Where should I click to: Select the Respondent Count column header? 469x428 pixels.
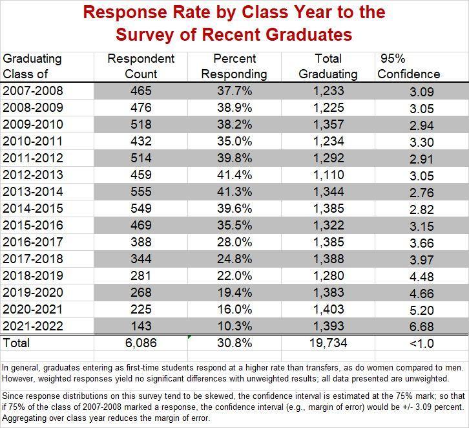click(141, 66)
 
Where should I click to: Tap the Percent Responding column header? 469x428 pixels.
click(234, 66)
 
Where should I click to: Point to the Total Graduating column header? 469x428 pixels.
click(328, 66)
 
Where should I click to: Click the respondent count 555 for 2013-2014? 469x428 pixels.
click(141, 191)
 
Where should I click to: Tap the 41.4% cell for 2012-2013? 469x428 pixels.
click(234, 175)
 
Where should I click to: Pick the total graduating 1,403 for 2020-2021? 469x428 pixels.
click(328, 309)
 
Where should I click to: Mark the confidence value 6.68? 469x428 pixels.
click(422, 326)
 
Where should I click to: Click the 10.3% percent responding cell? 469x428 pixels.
click(234, 326)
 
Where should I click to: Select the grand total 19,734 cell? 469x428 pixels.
click(328, 343)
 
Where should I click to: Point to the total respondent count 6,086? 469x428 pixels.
click(141, 343)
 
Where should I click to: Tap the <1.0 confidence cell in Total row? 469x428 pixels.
click(422, 343)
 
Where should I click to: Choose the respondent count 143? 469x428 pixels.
click(141, 326)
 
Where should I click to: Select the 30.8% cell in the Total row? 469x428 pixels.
click(234, 343)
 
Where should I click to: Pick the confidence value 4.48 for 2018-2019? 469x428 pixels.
click(422, 276)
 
